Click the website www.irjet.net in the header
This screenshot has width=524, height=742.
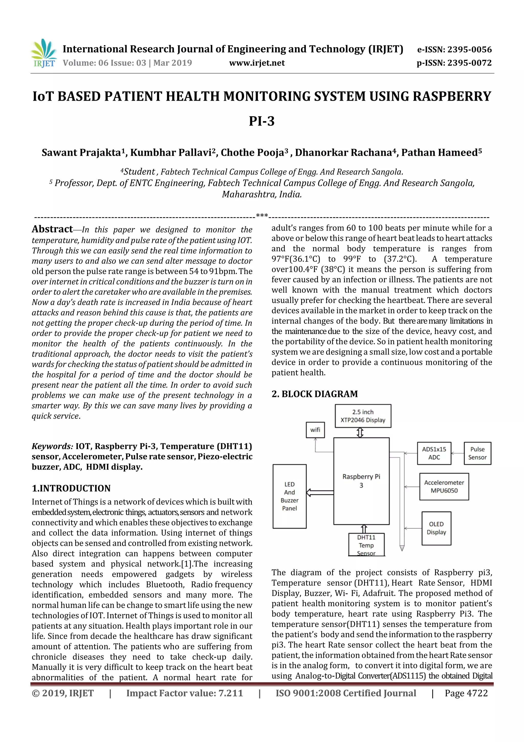click(x=257, y=63)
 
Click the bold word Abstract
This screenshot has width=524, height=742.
click(x=52, y=229)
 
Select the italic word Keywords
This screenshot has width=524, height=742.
click(x=52, y=446)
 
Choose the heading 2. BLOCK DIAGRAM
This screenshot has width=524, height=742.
click(x=314, y=394)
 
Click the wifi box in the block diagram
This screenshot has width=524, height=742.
click(x=315, y=430)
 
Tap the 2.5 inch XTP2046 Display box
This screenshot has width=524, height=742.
click(x=363, y=416)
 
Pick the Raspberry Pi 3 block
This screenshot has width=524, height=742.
click(x=361, y=480)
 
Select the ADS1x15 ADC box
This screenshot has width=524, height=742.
click(x=434, y=453)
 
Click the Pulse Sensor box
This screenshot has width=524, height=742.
click(x=477, y=453)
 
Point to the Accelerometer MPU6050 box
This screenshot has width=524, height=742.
click(x=444, y=486)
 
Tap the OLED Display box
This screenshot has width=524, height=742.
click(x=436, y=528)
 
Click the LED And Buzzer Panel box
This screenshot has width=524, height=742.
click(x=289, y=496)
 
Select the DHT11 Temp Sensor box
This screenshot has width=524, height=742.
click(x=366, y=545)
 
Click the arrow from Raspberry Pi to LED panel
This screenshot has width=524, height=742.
click(x=320, y=493)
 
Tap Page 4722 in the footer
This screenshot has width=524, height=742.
click(x=466, y=693)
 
